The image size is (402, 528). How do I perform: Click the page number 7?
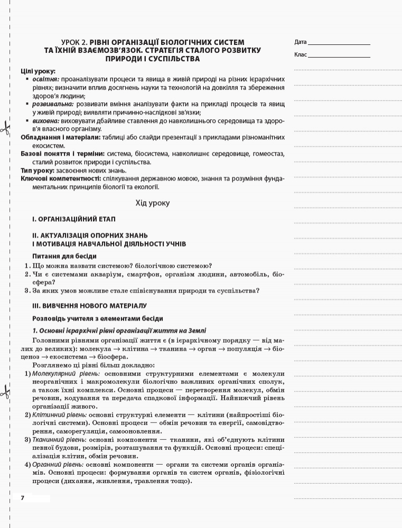pos(23,498)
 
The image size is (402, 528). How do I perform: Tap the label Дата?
pos(301,42)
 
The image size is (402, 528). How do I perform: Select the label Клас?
pos(301,54)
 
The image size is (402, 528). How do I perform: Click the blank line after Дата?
pos(339,43)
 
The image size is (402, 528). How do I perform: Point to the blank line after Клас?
pos(339,56)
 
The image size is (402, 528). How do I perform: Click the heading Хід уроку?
pos(153,202)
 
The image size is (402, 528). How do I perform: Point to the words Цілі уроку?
pos(38,71)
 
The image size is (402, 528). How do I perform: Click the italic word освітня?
pos(46,79)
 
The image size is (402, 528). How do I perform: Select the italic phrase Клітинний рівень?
pos(51,415)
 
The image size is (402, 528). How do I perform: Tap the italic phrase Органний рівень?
pos(50,464)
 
